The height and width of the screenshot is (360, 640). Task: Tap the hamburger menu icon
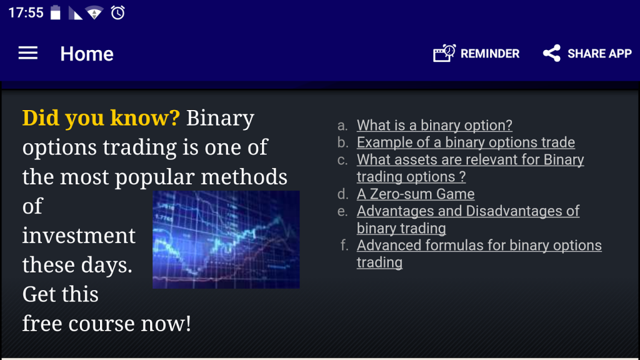click(27, 53)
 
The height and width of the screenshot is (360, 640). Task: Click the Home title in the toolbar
click(87, 54)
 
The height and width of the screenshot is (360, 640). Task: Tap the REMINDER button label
click(490, 54)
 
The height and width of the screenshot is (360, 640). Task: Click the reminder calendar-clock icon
click(444, 53)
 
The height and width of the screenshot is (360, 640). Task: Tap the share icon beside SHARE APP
click(551, 54)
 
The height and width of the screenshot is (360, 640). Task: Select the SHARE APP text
click(599, 54)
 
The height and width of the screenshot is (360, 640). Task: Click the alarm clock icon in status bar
click(117, 12)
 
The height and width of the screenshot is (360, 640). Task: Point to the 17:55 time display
click(26, 12)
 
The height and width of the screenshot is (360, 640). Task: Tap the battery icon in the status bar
click(56, 12)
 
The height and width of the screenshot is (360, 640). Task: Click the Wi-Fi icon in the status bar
click(94, 12)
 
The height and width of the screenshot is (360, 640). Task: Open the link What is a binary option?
click(434, 125)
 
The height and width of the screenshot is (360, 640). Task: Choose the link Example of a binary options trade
click(466, 142)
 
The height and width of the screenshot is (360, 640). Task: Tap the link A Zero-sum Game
click(416, 194)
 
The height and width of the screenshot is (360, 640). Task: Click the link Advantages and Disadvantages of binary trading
click(467, 219)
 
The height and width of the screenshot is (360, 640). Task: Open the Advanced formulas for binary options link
click(479, 254)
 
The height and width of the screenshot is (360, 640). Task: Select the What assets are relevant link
click(470, 168)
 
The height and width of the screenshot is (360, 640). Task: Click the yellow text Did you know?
click(101, 118)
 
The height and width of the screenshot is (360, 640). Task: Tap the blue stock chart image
click(226, 239)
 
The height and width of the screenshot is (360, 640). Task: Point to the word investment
click(79, 236)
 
